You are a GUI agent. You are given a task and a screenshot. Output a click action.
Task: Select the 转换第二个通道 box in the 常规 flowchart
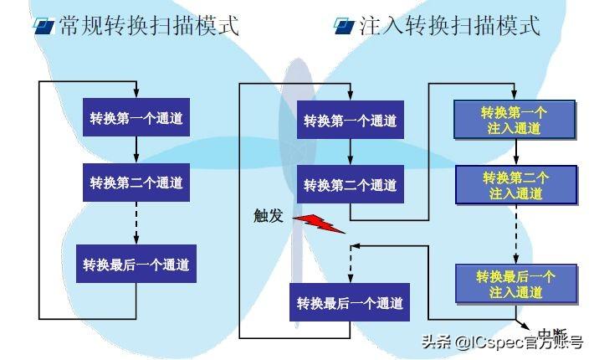point(136,183)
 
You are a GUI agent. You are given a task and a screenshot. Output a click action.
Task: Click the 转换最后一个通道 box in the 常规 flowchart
point(136,264)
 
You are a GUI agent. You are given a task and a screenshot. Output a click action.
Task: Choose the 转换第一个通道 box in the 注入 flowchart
point(350,121)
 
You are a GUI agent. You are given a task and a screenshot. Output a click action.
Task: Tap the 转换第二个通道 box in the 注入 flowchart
point(350,184)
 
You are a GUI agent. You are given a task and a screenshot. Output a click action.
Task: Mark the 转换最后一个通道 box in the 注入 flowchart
point(350,301)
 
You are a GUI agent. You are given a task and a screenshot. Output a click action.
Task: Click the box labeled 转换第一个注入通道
point(515,120)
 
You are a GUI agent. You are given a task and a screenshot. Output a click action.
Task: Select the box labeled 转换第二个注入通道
point(515,185)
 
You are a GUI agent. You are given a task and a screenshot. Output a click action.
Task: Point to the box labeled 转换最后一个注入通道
point(515,284)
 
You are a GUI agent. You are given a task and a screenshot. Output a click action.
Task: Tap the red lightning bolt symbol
point(317,221)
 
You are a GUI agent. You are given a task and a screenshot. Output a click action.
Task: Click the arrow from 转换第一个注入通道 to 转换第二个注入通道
point(515,152)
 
